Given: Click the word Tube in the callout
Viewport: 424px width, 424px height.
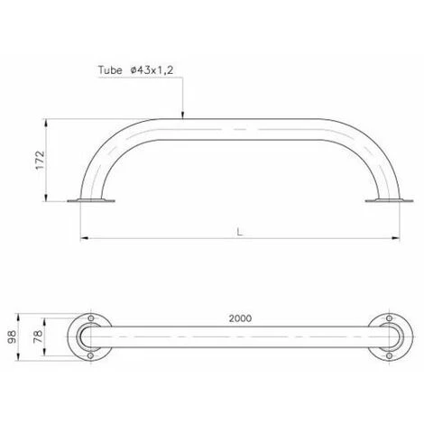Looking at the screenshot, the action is pyautogui.click(x=110, y=70).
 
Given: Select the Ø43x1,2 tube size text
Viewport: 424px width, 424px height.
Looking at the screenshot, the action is pyautogui.click(x=152, y=70).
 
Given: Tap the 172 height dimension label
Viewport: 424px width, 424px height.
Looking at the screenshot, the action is pyautogui.click(x=40, y=161).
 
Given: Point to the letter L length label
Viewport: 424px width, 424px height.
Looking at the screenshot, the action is pyautogui.click(x=240, y=232).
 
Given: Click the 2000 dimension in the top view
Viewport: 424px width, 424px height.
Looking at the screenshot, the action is pyautogui.click(x=240, y=318).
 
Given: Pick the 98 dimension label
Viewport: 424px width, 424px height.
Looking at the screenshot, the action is pyautogui.click(x=13, y=336).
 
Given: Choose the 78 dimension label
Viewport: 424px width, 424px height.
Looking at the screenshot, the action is pyautogui.click(x=38, y=336).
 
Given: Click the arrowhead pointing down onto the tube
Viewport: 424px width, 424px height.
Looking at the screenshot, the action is pyautogui.click(x=182, y=115).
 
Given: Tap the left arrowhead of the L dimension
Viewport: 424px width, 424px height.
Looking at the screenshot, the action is pyautogui.click(x=85, y=238).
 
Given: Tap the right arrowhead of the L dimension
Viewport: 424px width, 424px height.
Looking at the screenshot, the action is pyautogui.click(x=396, y=238).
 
